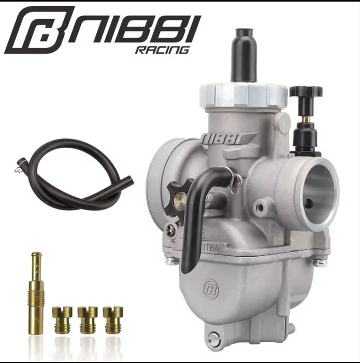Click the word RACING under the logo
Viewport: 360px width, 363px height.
(162, 50)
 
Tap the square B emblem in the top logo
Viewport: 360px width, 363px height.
(39, 30)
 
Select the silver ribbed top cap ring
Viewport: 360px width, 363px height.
(243, 95)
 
